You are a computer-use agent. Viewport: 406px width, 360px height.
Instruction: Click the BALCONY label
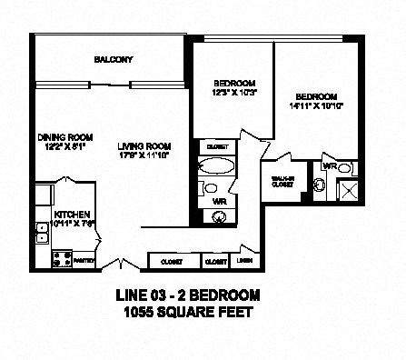tap(114, 60)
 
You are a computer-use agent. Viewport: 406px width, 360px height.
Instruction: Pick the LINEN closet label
tap(244, 261)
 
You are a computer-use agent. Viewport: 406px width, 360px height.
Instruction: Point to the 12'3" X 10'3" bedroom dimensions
tap(223, 92)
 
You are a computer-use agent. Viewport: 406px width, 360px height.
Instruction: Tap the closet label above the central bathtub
tap(216, 146)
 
